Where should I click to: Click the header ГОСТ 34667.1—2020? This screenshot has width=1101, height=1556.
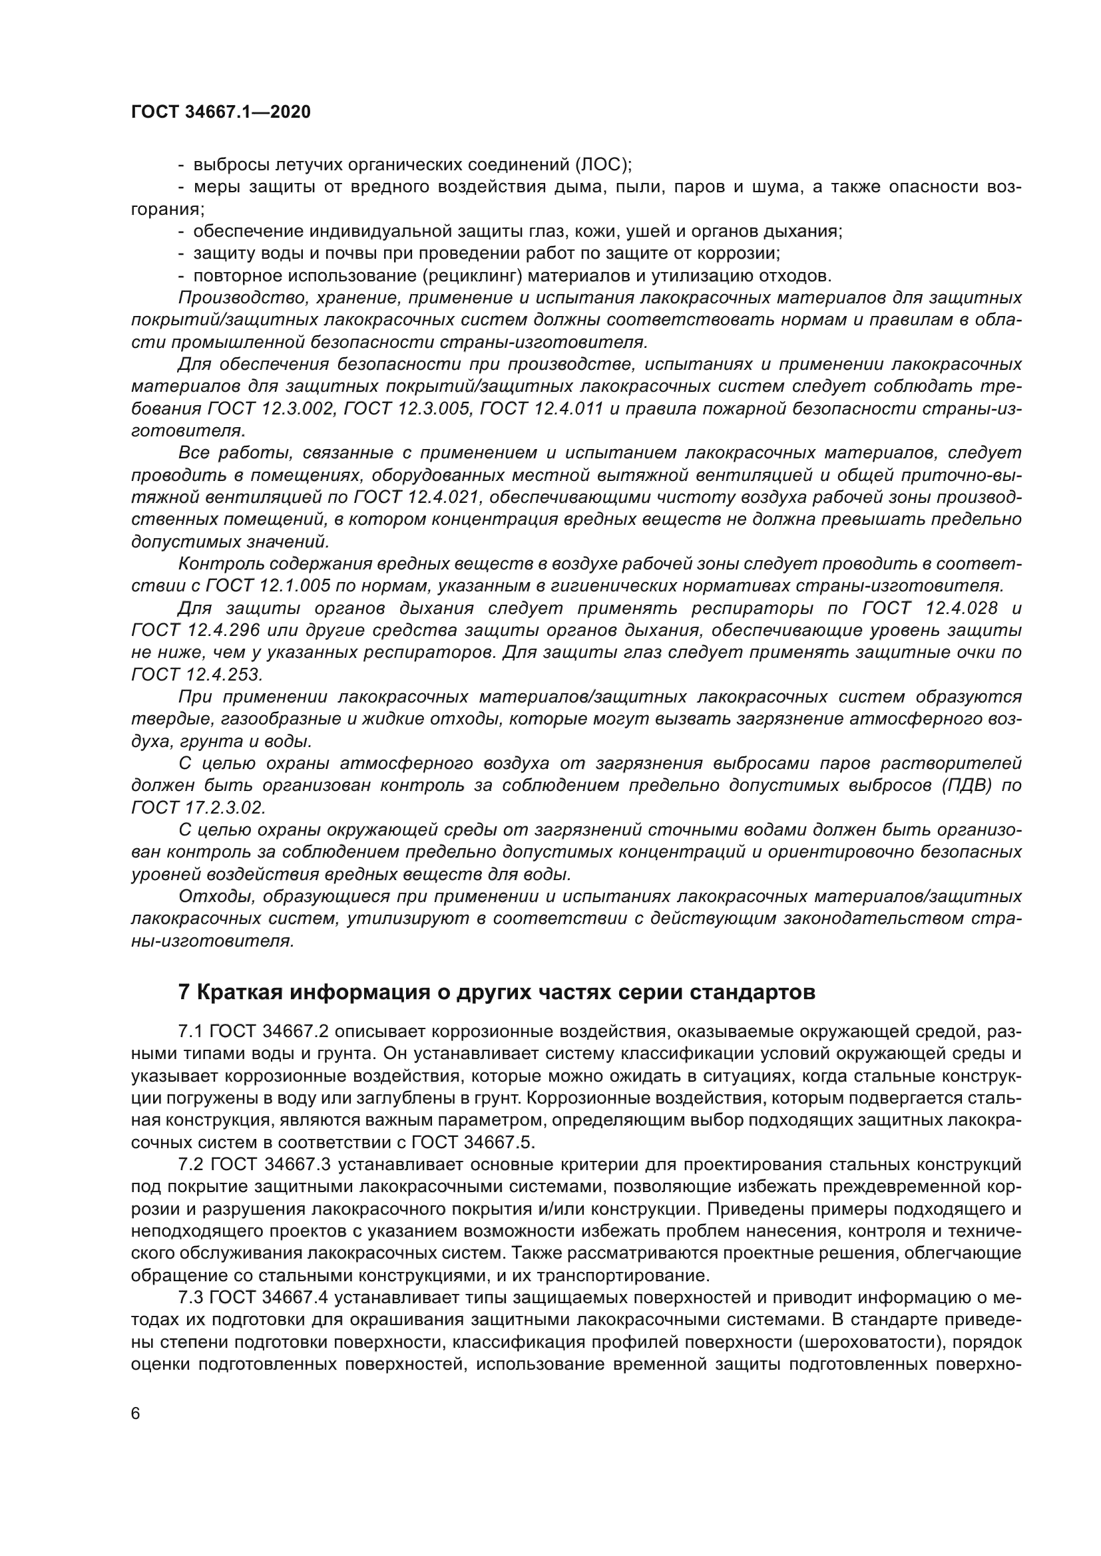point(221,112)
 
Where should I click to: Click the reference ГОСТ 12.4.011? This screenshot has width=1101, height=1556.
point(545,408)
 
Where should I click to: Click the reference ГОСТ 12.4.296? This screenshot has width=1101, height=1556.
point(196,630)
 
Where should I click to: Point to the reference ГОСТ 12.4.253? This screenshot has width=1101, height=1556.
point(196,675)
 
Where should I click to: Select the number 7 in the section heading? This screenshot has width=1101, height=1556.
point(184,993)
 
